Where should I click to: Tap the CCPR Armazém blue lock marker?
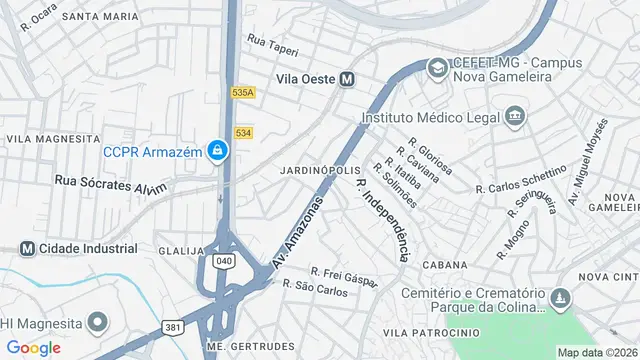pos(218,152)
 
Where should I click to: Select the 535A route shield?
pos(243,92)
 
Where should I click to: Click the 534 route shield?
pos(244,132)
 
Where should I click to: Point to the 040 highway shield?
pos(225,261)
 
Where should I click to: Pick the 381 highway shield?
pos(174,327)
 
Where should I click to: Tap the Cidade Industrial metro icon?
pos(27,248)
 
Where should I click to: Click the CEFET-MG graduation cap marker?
pos(437,68)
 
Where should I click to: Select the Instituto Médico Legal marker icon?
pos(515,116)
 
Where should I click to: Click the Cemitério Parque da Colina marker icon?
pos(560,298)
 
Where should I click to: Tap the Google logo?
pos(33,347)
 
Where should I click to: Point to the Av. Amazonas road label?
pos(299,231)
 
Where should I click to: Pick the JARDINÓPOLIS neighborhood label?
pos(321,170)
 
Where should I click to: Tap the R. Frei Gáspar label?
pos(343,276)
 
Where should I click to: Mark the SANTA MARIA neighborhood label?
pos(100,17)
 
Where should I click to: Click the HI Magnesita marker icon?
pos(97,323)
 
